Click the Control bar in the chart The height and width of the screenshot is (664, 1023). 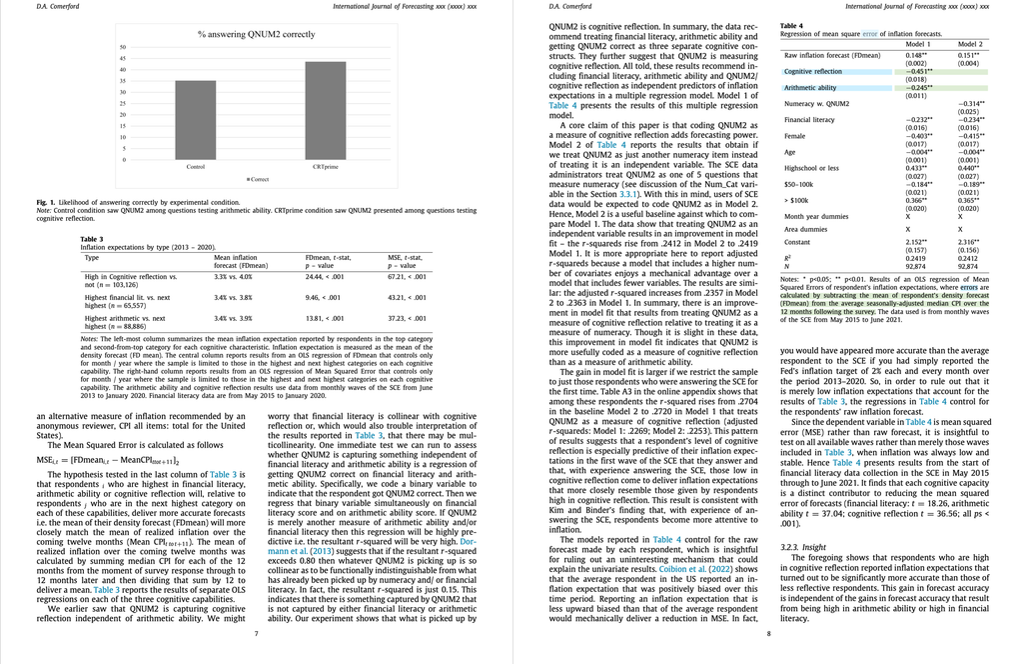pyautogui.click(x=196, y=120)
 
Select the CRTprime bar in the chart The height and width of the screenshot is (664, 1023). pyautogui.click(x=325, y=110)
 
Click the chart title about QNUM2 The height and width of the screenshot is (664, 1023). pyautogui.click(x=256, y=34)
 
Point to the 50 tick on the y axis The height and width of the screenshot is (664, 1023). pyautogui.click(x=123, y=47)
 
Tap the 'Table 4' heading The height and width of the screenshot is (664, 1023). pyautogui.click(x=791, y=25)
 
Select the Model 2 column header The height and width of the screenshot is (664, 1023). pyautogui.click(x=969, y=44)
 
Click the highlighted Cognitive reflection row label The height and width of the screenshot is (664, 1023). pyautogui.click(x=813, y=71)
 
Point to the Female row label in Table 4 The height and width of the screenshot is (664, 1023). pyautogui.click(x=796, y=135)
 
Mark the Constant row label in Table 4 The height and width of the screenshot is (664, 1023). pyautogui.click(x=798, y=242)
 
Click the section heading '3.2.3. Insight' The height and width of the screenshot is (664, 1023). pyautogui.click(x=806, y=548)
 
